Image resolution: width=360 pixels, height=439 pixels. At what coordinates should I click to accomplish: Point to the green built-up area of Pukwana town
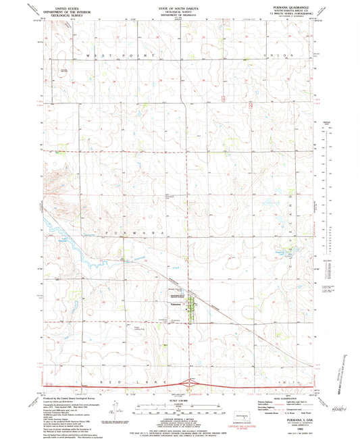coord(190,305)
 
